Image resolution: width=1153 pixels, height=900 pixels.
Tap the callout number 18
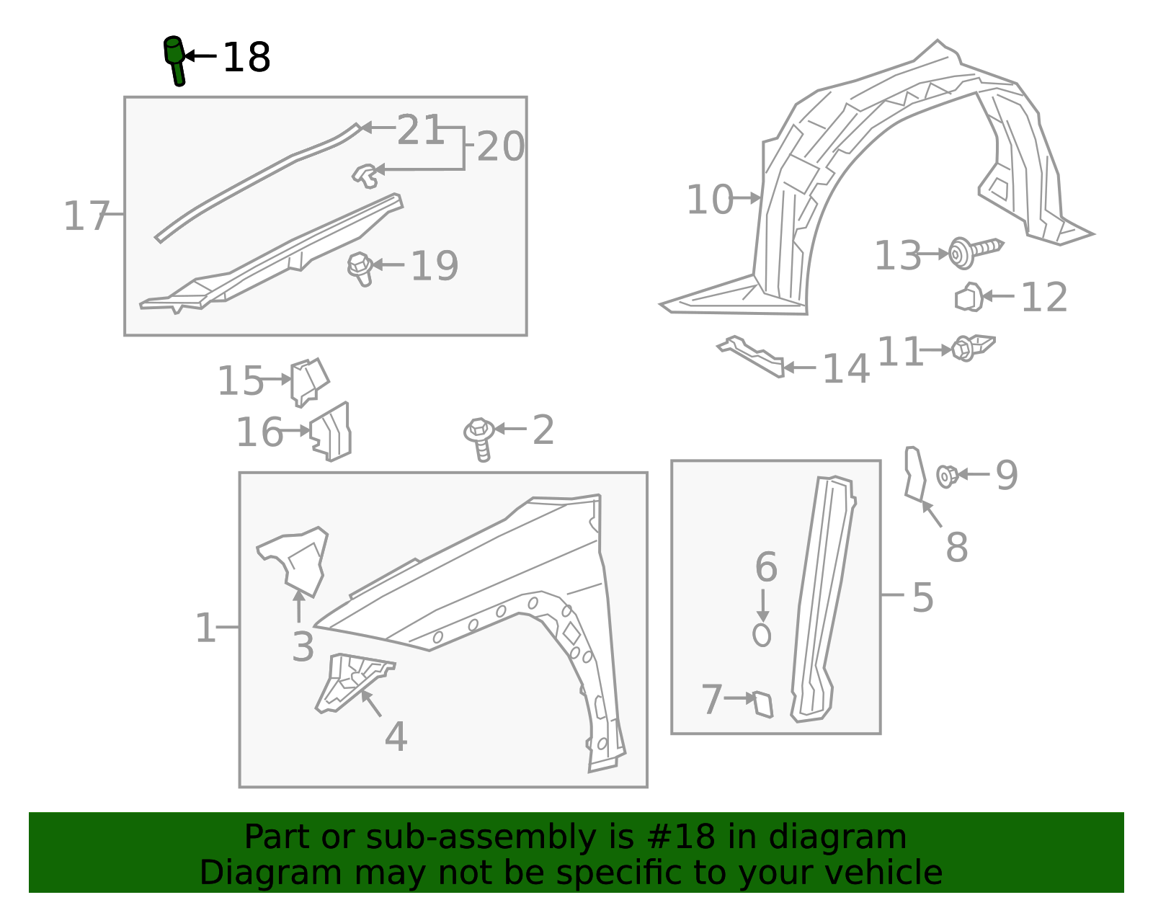(246, 58)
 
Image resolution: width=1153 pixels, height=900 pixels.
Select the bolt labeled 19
(360, 267)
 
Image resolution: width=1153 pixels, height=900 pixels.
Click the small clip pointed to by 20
(366, 174)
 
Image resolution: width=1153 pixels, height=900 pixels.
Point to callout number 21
(420, 130)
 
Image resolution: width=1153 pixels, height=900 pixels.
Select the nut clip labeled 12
(969, 297)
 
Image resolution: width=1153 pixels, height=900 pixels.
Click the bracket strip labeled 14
(751, 355)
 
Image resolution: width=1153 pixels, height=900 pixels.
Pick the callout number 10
(710, 200)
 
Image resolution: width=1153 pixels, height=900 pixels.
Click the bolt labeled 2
(479, 437)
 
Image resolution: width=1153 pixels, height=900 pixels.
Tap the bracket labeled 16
(332, 432)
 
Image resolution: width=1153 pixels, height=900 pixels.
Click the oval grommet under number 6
(762, 635)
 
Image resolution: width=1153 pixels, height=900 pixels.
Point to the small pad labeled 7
(763, 703)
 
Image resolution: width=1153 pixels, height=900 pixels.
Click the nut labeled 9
(947, 476)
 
